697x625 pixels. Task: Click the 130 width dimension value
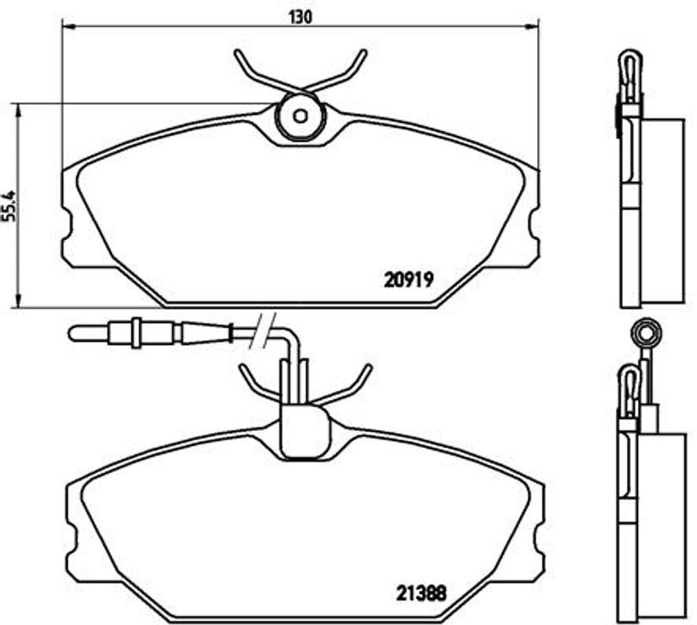pos(300,16)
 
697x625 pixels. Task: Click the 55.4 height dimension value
pos(8,205)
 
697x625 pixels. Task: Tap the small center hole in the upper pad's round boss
pos(300,115)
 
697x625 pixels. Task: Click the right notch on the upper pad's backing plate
pos(534,226)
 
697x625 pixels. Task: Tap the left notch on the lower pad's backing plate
pos(71,536)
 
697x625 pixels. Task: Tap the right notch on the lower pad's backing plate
pos(539,536)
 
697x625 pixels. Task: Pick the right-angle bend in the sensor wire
pos(292,338)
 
